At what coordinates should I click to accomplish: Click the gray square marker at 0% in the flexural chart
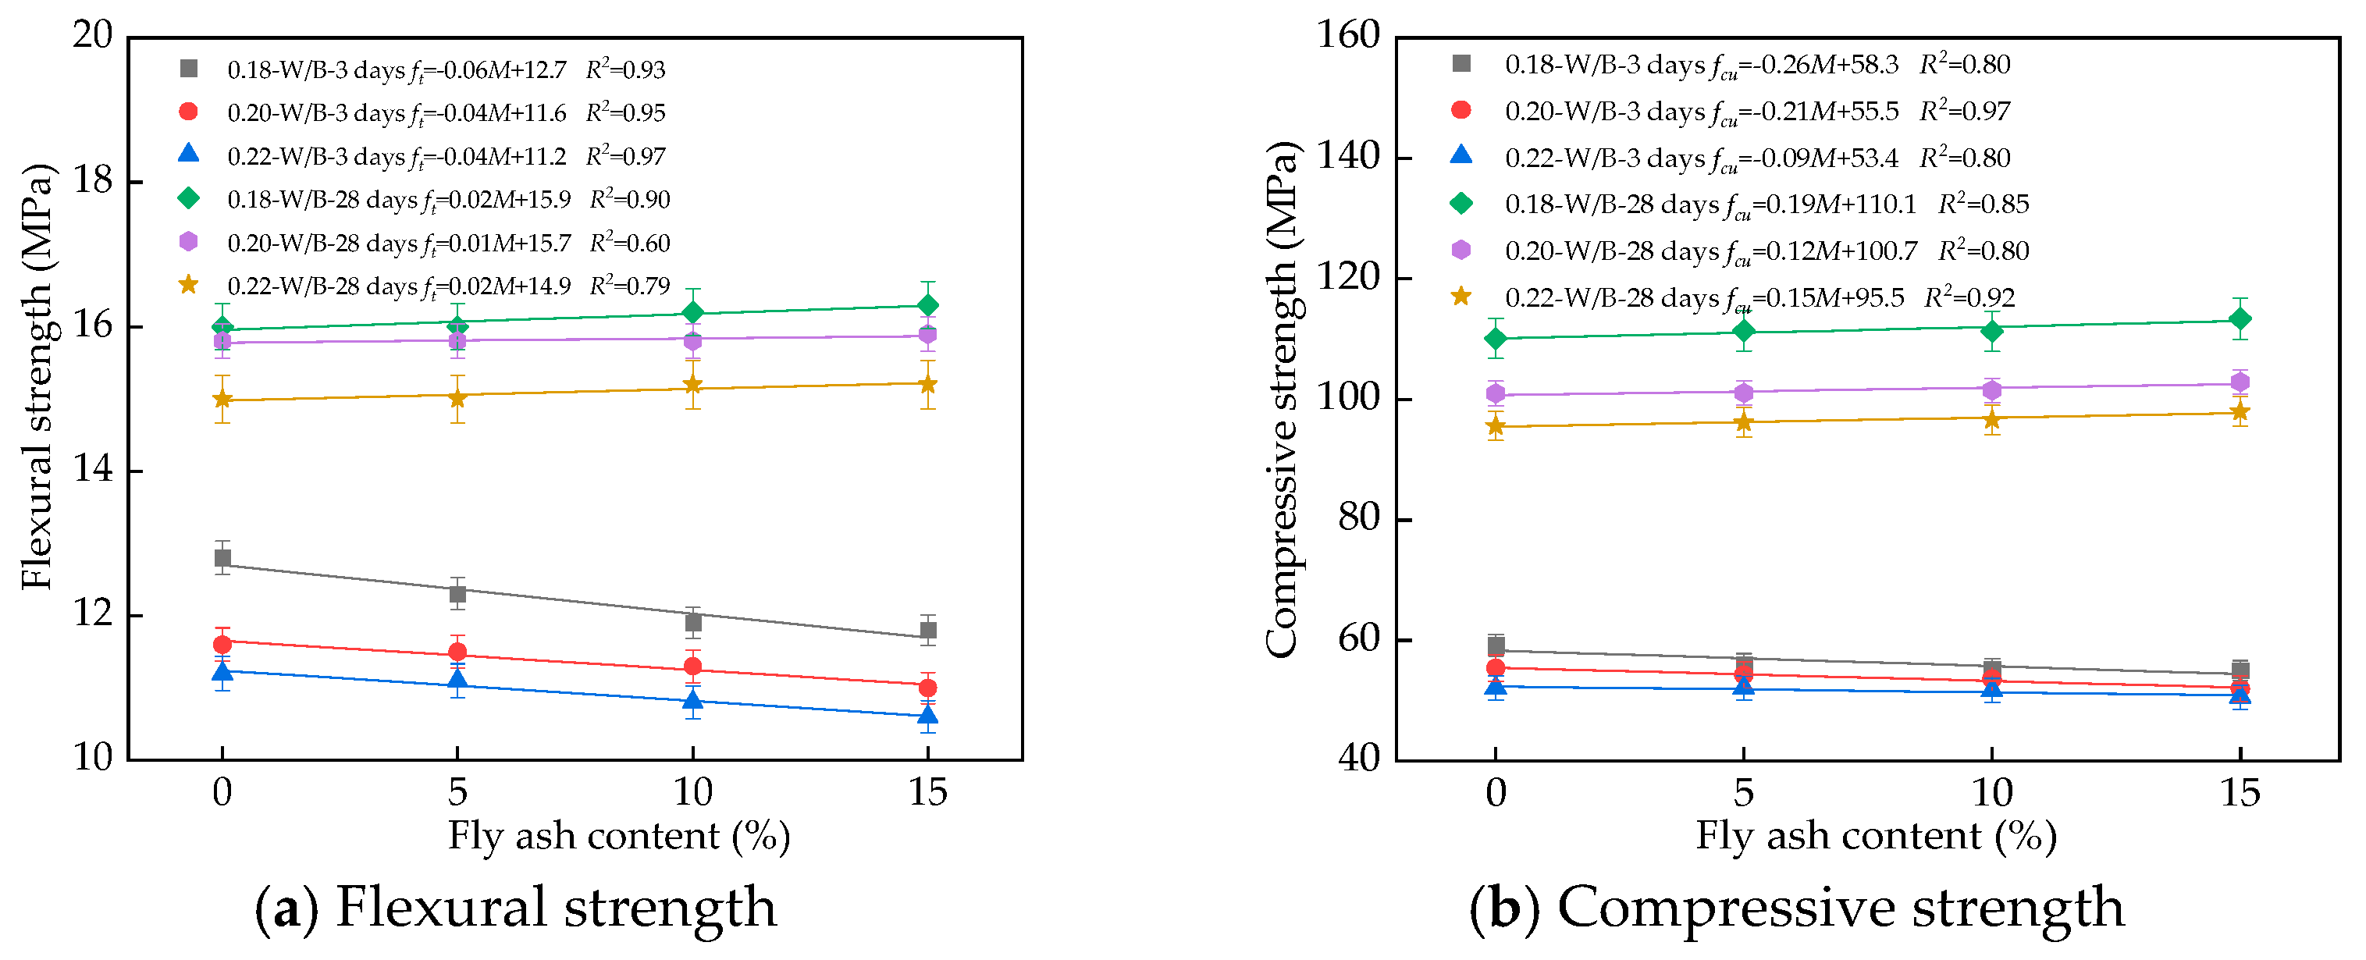[x=222, y=557]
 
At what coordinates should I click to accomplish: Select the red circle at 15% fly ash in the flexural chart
[x=927, y=687]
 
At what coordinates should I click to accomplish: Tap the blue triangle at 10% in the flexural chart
[x=692, y=702]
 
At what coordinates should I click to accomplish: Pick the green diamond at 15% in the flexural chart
[x=927, y=304]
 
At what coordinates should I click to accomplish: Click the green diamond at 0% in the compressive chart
[x=1496, y=338]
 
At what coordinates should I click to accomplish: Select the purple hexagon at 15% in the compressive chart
[x=2240, y=382]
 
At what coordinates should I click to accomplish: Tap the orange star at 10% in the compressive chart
[x=1991, y=419]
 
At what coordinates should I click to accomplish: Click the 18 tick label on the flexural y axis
[x=93, y=181]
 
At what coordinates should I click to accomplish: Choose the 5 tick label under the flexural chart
[x=457, y=792]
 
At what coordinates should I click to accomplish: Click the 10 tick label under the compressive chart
[x=1991, y=792]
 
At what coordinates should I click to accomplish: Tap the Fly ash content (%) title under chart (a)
[x=618, y=836]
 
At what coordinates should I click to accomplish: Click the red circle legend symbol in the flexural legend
[x=188, y=111]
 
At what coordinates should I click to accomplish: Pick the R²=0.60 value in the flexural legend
[x=630, y=244]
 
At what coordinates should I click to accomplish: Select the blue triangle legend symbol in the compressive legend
[x=1461, y=155]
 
